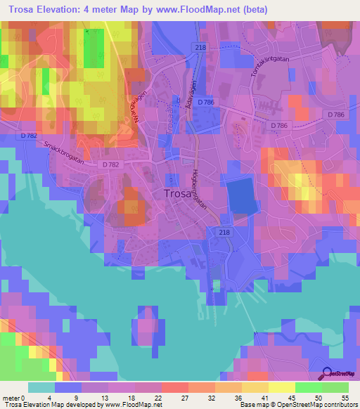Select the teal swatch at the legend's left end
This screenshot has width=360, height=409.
point(41,387)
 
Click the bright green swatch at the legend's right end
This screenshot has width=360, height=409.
point(335,387)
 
